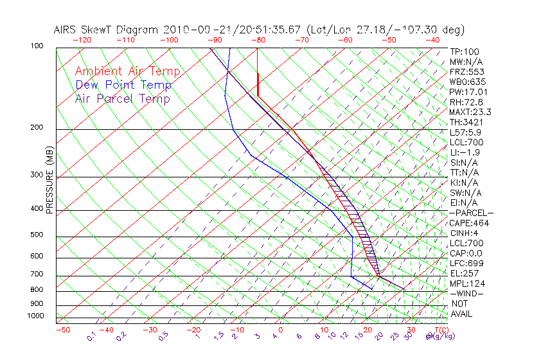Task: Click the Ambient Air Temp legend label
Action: click(127, 71)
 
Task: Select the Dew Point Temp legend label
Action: click(123, 85)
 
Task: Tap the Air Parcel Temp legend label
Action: click(122, 98)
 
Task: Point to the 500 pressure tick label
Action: click(36, 235)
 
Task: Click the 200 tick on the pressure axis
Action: click(36, 128)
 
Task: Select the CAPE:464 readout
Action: click(469, 223)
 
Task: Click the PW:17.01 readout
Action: click(468, 92)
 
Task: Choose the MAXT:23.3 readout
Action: click(470, 112)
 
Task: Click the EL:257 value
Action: click(464, 273)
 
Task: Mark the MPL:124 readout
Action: click(466, 283)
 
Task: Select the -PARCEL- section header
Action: click(471, 213)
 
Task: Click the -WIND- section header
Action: click(466, 293)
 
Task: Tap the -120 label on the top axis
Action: click(82, 40)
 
